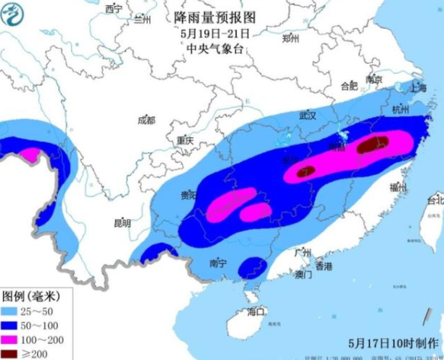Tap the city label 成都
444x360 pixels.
(145, 120)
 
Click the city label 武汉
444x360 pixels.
(307, 115)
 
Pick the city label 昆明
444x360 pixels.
(121, 223)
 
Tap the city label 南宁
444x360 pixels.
(217, 264)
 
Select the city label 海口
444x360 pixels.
(256, 311)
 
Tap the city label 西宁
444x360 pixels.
(114, 9)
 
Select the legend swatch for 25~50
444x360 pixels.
(13, 311)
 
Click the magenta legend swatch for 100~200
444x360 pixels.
(13, 340)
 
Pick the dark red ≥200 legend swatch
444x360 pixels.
(13, 354)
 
